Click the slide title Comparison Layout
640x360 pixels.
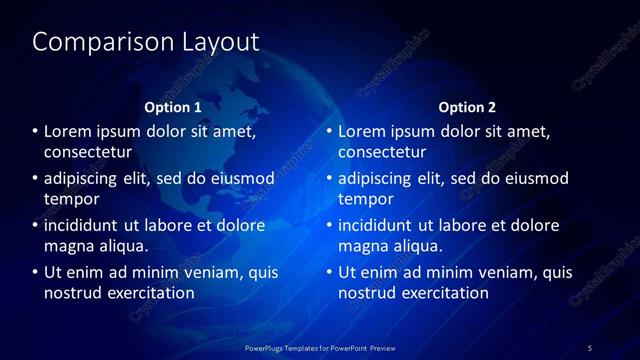[x=145, y=42]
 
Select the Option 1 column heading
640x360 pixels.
[x=173, y=107]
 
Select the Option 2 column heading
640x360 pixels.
[x=467, y=107]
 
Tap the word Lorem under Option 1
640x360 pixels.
[x=68, y=131]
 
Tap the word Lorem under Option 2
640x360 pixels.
[x=362, y=131]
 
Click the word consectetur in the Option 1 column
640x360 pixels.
[x=88, y=152]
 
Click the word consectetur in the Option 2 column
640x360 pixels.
[x=382, y=152]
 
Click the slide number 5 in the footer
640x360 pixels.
[x=590, y=347]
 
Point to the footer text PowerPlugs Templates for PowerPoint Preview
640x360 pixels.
[x=320, y=347]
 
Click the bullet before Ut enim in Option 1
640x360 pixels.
[x=35, y=272]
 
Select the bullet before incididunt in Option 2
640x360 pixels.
[x=329, y=225]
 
